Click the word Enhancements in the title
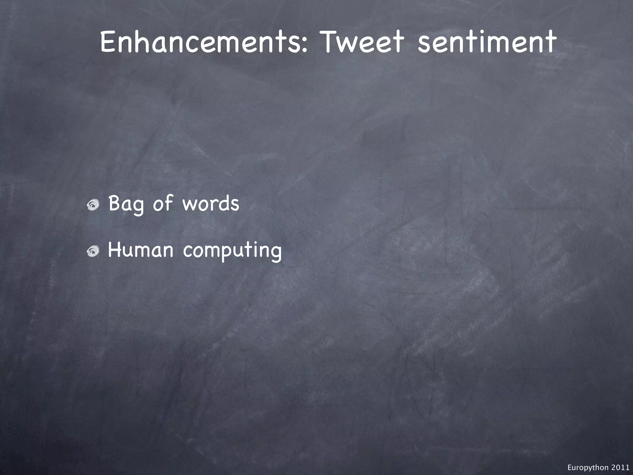click(201, 42)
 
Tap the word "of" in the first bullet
click(163, 203)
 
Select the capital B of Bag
click(114, 203)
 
